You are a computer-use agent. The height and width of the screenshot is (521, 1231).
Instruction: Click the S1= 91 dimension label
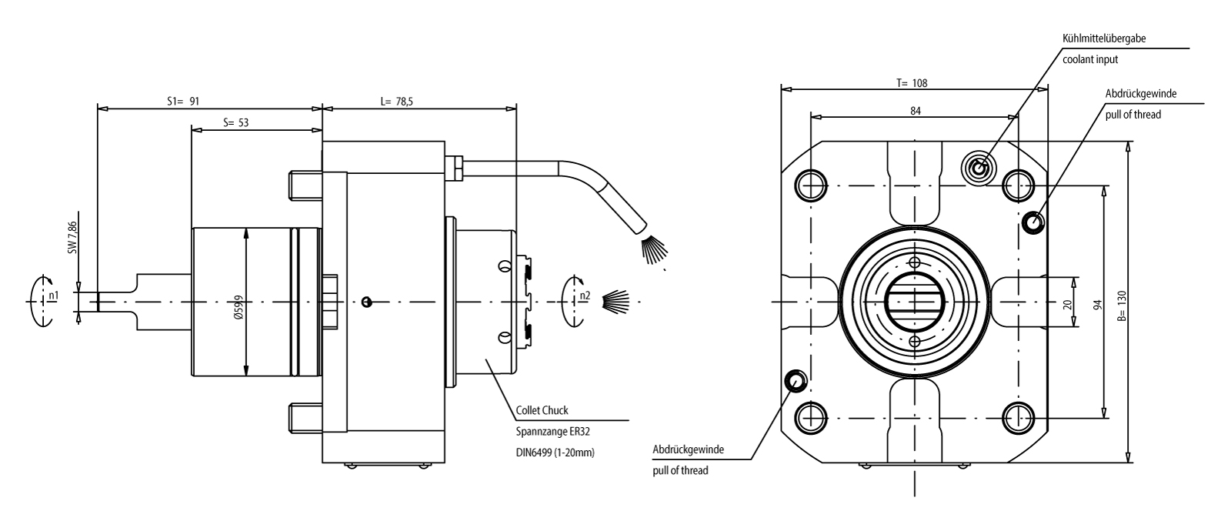pos(184,101)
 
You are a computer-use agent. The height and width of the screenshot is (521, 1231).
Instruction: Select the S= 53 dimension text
pos(235,122)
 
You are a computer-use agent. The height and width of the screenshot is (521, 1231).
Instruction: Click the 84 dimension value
pos(916,111)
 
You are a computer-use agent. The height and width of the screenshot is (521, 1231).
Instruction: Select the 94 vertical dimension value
pos(1098,302)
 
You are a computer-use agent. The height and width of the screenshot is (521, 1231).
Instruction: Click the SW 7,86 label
pos(72,238)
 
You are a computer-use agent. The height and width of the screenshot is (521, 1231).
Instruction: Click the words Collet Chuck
pos(542,411)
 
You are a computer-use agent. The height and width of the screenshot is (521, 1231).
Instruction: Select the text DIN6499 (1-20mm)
pos(555,453)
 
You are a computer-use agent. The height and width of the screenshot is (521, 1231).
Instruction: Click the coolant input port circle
pos(978,166)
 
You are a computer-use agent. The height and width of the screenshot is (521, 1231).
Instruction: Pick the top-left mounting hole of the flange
pos(810,184)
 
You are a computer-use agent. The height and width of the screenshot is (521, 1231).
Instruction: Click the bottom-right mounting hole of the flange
pos(1019,417)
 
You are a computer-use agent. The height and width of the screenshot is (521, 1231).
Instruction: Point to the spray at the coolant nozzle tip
pos(653,251)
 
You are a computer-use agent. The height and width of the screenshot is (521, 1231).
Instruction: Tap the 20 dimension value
pos(1067,303)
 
